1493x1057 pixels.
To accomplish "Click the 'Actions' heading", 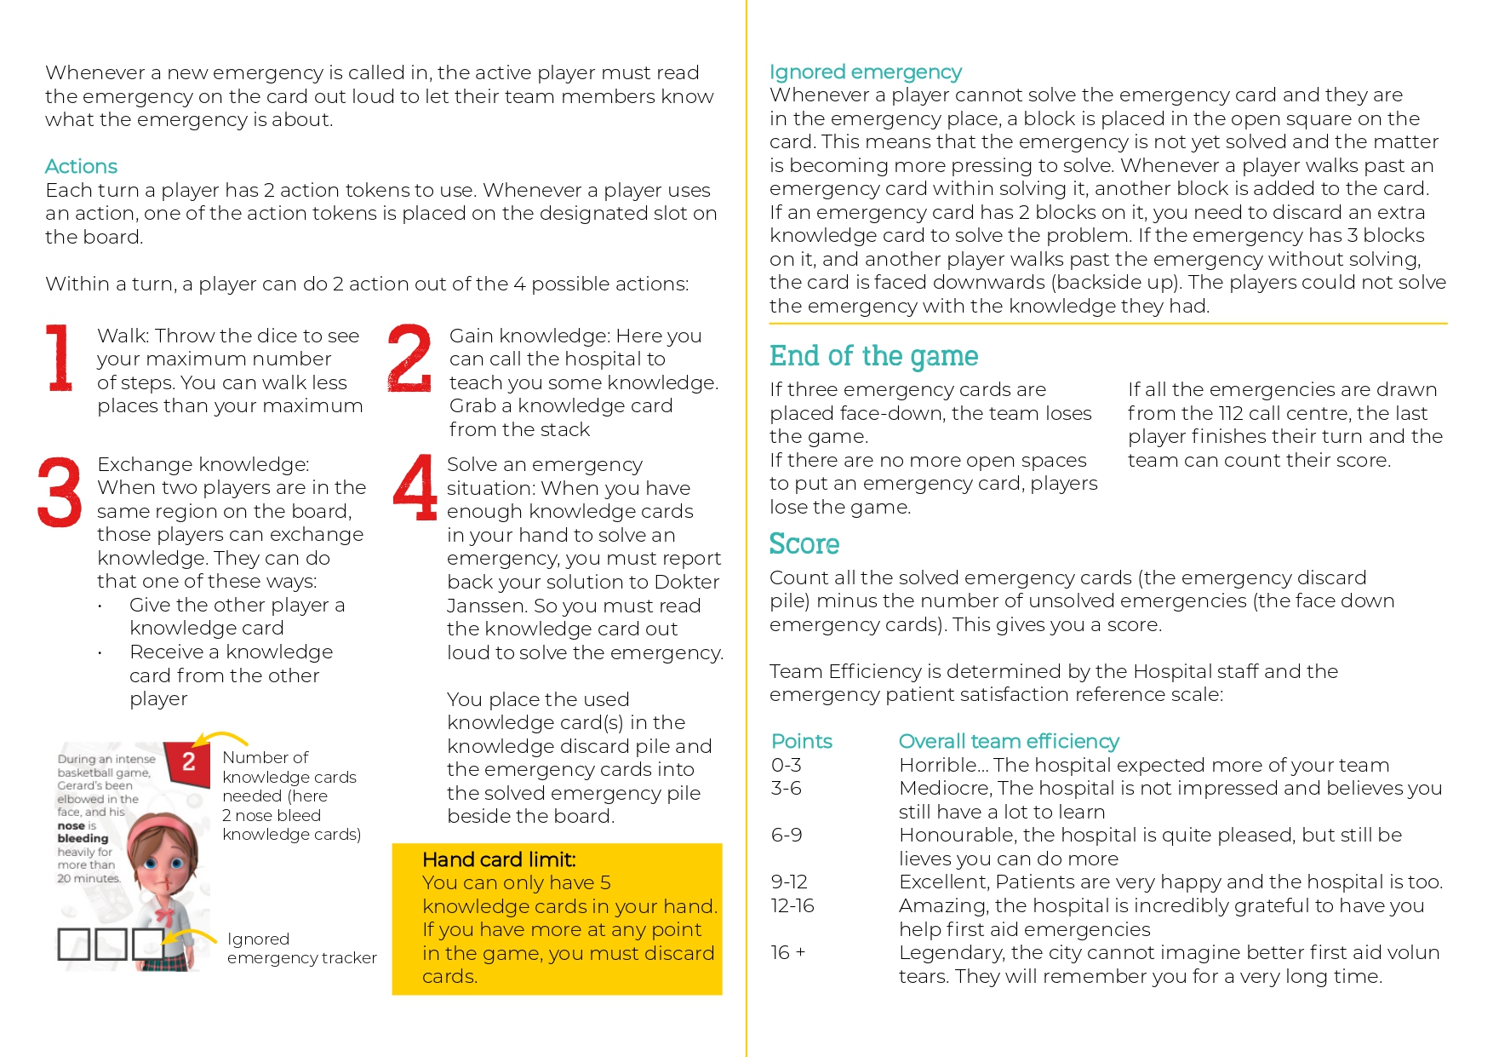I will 81,166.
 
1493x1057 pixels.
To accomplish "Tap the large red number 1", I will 60,358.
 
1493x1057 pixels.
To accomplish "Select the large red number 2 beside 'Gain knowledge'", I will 409,358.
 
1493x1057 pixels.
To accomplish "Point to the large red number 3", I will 60,492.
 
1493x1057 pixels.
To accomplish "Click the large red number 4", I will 415,487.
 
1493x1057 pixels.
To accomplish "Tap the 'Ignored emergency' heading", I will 865,72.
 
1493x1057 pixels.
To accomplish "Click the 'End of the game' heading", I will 873,356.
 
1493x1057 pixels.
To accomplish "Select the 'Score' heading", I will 804,544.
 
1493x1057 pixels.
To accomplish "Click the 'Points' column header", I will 801,741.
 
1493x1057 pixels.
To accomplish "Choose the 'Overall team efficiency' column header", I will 1008,741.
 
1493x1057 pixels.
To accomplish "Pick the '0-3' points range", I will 786,765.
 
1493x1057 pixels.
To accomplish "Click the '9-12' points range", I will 789,882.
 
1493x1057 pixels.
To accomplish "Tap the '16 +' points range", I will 788,952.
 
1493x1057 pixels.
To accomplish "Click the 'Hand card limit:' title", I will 499,859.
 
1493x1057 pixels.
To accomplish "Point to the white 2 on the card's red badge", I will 189,761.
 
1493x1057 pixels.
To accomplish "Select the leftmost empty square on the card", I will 73,945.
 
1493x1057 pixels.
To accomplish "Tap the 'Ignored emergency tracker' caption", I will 301,948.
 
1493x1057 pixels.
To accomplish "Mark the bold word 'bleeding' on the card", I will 83,838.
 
